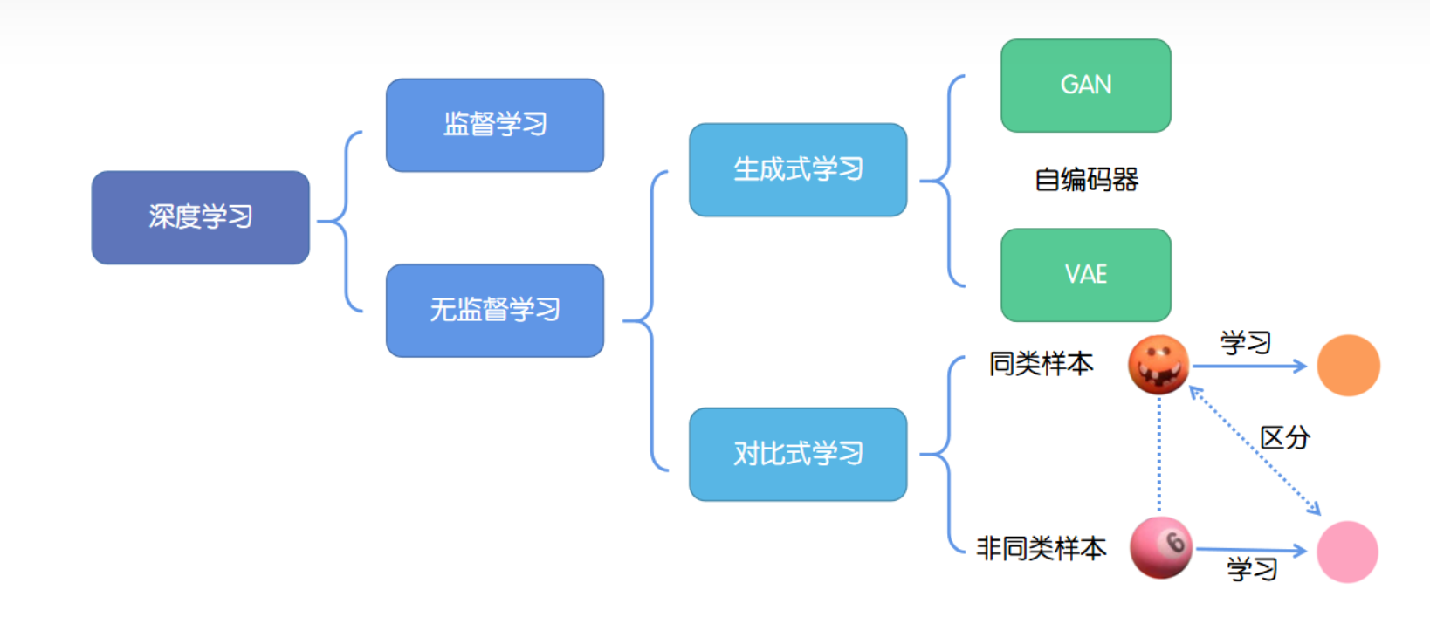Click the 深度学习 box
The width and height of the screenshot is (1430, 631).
click(x=200, y=217)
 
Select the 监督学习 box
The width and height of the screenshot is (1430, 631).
click(x=494, y=125)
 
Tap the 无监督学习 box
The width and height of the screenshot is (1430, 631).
click(x=494, y=310)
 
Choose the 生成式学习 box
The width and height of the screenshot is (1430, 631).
click(x=797, y=169)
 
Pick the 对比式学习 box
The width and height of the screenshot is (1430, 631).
click(x=797, y=454)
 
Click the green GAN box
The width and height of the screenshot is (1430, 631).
click(x=1085, y=86)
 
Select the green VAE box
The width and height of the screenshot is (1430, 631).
click(x=1085, y=275)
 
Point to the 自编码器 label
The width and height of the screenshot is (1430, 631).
click(x=1086, y=180)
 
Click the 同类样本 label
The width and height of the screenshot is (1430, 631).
click(x=1041, y=363)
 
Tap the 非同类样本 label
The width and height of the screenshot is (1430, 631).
click(x=1041, y=548)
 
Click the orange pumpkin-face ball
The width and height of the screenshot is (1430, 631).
click(x=1158, y=365)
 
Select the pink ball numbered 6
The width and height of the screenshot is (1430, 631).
click(x=1160, y=548)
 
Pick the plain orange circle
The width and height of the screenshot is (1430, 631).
click(x=1348, y=366)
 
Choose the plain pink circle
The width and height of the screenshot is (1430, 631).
click(x=1347, y=552)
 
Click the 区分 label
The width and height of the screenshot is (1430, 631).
click(x=1284, y=436)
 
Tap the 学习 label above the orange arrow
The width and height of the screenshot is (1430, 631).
click(x=1245, y=342)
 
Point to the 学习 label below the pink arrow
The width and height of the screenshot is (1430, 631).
click(x=1252, y=569)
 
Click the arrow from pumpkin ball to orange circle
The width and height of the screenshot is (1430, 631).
click(x=1248, y=367)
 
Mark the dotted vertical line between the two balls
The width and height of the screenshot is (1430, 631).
click(x=1158, y=454)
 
